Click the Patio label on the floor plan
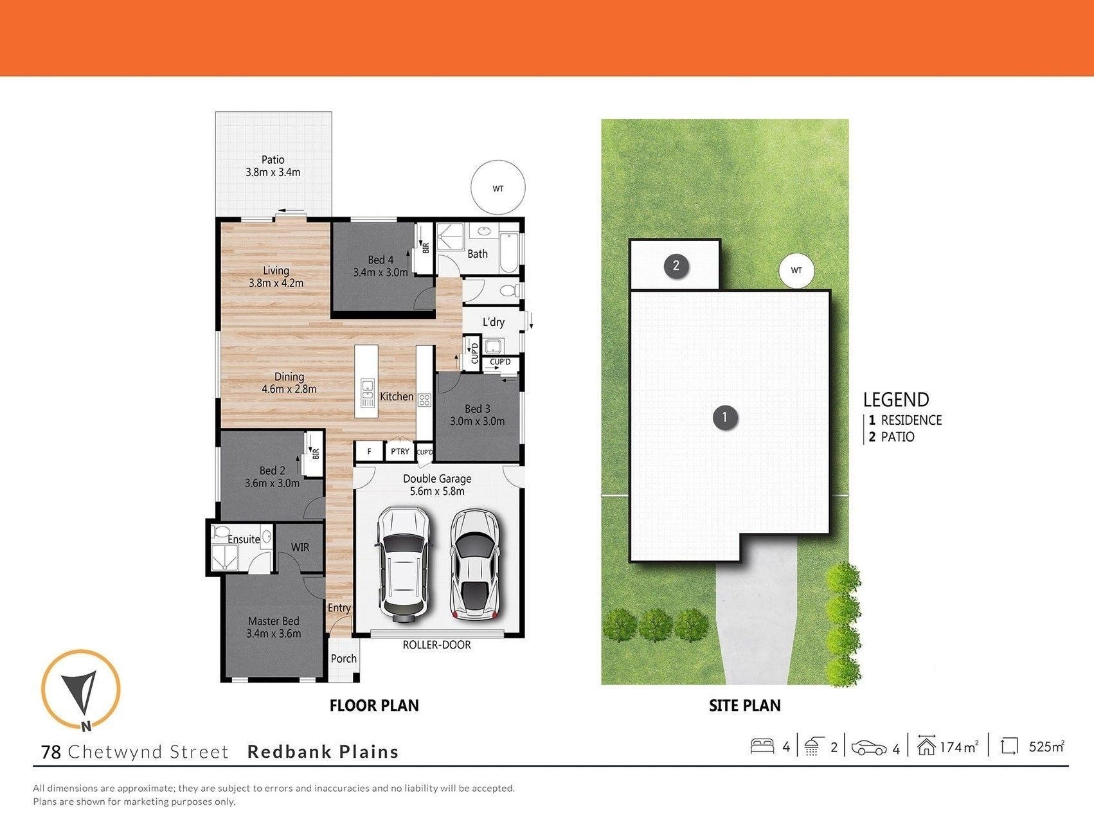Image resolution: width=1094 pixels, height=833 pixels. click(x=273, y=159)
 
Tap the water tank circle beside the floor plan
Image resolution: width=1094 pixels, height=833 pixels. click(x=498, y=188)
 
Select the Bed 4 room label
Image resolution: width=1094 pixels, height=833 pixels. click(x=381, y=260)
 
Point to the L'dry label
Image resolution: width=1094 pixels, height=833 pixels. click(x=494, y=322)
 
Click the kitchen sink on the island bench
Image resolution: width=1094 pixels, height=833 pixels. click(x=368, y=393)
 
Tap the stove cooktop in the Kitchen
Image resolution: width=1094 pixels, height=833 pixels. click(x=424, y=400)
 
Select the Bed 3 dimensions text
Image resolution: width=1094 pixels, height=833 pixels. click(x=477, y=422)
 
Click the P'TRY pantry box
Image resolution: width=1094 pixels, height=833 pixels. click(x=400, y=451)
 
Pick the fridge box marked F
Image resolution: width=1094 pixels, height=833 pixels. click(x=370, y=451)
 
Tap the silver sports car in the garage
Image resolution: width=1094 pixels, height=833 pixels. click(x=475, y=564)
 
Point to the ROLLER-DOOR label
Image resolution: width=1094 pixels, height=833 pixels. click(x=437, y=645)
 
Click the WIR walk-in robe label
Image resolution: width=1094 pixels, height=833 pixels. click(x=300, y=547)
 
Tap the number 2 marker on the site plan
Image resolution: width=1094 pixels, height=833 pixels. click(x=676, y=265)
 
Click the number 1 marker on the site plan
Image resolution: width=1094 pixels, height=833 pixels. click(x=725, y=417)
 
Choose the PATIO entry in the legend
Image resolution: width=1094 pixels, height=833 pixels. click(x=892, y=437)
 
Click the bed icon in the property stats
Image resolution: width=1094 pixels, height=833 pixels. click(x=762, y=746)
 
